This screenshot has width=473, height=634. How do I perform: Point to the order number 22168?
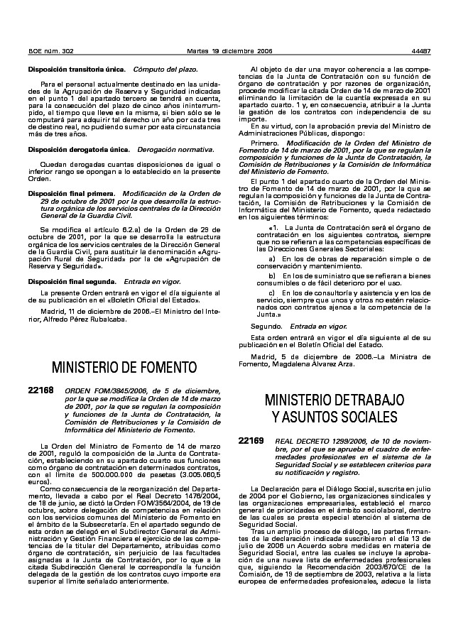tap(40, 391)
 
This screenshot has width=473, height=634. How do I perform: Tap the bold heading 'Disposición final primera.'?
tap(70, 193)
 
